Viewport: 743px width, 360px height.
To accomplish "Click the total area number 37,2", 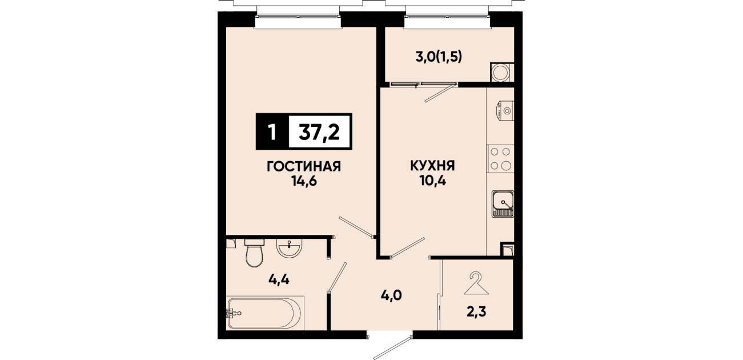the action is click(319, 132).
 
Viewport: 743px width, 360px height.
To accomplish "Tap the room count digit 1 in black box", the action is click(272, 132).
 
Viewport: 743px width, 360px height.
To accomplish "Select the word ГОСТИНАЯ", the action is click(304, 166).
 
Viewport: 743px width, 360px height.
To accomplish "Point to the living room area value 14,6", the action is click(304, 182).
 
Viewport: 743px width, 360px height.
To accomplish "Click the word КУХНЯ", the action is click(433, 166).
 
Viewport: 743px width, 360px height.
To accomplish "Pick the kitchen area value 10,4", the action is click(433, 181).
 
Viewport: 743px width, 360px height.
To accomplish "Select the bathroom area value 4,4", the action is click(279, 279).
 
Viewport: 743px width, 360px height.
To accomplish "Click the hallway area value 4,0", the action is click(391, 295).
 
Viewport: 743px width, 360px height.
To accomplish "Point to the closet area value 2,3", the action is click(477, 312).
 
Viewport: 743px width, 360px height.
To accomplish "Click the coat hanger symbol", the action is click(476, 283).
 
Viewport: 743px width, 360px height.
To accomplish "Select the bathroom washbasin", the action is click(289, 248).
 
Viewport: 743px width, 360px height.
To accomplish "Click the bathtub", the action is click(265, 313).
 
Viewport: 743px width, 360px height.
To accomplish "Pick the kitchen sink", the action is click(503, 204).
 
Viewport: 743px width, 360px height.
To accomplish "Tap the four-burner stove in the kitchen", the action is click(500, 159).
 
